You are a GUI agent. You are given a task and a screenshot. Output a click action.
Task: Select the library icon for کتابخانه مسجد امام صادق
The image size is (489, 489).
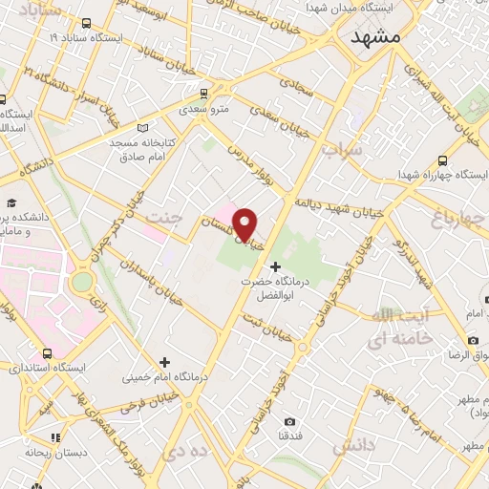pyautogui.click(x=142, y=127)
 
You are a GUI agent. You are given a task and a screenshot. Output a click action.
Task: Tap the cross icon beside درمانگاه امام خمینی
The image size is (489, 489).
pyautogui.click(x=165, y=362)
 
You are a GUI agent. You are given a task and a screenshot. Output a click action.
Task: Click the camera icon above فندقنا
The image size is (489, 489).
pyautogui.click(x=290, y=421)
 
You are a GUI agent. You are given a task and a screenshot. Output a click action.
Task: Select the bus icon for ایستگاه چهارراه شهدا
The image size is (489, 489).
pyautogui.click(x=442, y=160)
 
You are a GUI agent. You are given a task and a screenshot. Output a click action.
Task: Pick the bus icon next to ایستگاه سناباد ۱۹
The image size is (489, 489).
pyautogui.click(x=87, y=23)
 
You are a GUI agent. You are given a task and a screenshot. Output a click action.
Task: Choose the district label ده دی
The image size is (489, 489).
pyautogui.click(x=186, y=448)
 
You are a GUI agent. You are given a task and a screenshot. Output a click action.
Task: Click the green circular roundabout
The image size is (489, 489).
pyautogui.click(x=81, y=283)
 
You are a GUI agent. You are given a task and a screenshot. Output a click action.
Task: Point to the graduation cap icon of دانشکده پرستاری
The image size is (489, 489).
pyautogui.click(x=11, y=202)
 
